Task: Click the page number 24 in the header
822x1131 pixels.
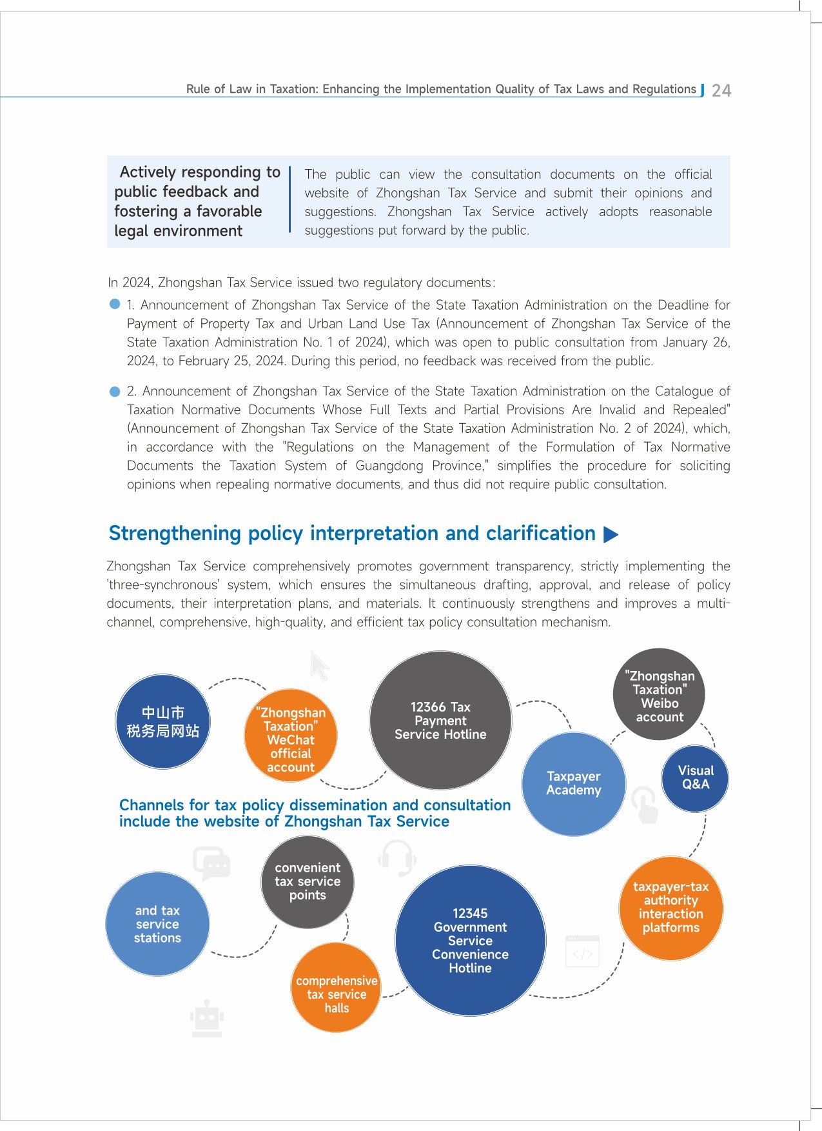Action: pyautogui.click(x=721, y=91)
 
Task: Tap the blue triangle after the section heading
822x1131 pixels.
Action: pyautogui.click(x=611, y=534)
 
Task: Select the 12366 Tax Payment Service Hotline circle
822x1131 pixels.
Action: pyautogui.click(x=440, y=720)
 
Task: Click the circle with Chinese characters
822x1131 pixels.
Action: pyautogui.click(x=162, y=721)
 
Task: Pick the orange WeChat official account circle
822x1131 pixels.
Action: pyautogui.click(x=290, y=736)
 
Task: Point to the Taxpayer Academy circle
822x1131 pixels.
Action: pyautogui.click(x=573, y=784)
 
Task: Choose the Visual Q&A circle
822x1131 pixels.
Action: pyautogui.click(x=695, y=778)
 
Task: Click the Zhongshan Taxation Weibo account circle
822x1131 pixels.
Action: pyautogui.click(x=659, y=695)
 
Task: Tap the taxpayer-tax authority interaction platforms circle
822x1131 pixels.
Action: pyautogui.click(x=670, y=908)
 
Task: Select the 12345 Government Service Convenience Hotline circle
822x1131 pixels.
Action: pyautogui.click(x=470, y=940)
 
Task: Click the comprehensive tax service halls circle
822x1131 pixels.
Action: pyautogui.click(x=337, y=988)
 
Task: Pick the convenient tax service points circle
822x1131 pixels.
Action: pyautogui.click(x=308, y=882)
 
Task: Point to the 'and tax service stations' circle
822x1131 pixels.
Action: pyautogui.click(x=157, y=924)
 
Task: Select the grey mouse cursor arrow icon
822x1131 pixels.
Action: pyautogui.click(x=319, y=666)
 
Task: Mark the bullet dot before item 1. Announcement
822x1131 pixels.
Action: pyautogui.click(x=115, y=304)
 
